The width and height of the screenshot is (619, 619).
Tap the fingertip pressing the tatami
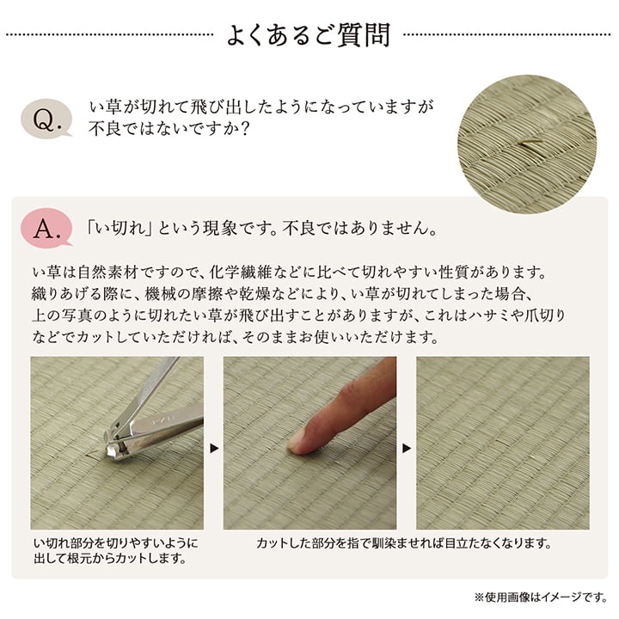(300, 441)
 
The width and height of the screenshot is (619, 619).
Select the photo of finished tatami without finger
(502, 443)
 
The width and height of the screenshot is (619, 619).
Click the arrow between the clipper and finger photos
(213, 448)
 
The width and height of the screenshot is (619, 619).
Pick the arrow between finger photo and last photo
(407, 448)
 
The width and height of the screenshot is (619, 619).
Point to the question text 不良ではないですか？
(169, 129)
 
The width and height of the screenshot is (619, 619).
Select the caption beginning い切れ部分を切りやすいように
(114, 551)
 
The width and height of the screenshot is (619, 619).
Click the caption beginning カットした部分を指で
(403, 543)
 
